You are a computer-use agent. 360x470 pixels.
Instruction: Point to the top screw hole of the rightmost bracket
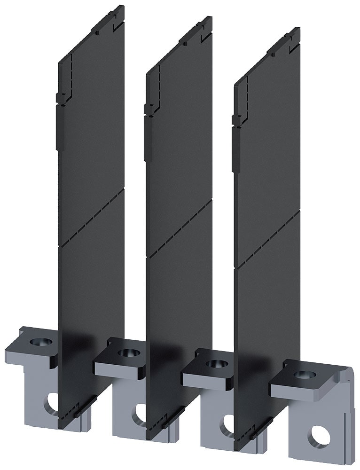pos(301,375)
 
